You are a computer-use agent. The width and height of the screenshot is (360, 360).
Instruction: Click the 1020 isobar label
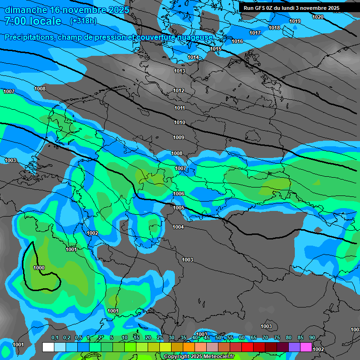pos(317,17)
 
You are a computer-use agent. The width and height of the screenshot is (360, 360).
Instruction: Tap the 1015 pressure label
pos(216,49)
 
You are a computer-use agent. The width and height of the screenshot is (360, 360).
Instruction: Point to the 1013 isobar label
pos(179,71)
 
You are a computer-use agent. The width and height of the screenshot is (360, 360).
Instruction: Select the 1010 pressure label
pos(179,122)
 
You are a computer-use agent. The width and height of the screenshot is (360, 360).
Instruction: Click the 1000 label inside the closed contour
pos(39,268)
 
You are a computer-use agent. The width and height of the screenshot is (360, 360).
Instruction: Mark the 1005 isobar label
pos(178,208)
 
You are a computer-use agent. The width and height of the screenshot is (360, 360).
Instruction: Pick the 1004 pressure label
pos(178,227)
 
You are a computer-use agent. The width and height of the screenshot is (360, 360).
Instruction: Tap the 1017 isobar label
pos(255,33)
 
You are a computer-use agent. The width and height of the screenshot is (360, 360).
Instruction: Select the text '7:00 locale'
pos(33,21)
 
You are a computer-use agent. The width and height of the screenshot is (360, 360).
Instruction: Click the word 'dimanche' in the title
pos(25,9)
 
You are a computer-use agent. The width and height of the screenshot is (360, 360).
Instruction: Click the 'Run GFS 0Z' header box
pos(291,8)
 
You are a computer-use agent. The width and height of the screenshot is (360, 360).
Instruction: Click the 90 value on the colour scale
pos(312,337)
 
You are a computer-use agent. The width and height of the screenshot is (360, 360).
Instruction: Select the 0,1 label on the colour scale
pos(54,337)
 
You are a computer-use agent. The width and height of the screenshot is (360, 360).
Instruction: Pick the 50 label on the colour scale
pos(218,337)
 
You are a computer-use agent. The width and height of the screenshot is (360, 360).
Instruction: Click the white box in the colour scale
pos(48,347)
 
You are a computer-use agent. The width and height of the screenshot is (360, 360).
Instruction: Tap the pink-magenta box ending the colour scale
pos(306,347)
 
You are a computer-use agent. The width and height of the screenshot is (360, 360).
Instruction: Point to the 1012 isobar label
pos(179,90)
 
